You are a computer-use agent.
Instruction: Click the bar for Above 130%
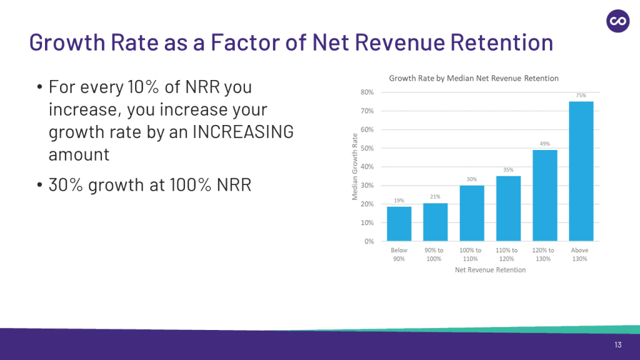[x=581, y=171]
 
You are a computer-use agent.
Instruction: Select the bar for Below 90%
[x=399, y=224]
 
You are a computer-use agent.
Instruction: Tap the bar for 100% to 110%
[x=471, y=213]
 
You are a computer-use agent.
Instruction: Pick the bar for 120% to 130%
[x=544, y=196]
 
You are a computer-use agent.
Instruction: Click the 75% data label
[x=581, y=96]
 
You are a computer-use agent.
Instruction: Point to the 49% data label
[x=544, y=144]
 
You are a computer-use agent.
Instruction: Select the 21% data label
[x=435, y=196]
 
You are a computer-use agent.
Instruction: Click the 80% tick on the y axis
[x=367, y=92]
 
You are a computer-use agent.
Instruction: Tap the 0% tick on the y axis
[x=369, y=241]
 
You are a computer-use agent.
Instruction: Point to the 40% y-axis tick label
[x=367, y=167]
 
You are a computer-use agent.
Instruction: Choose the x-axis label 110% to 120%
[x=507, y=254]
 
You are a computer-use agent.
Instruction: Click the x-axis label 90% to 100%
[x=435, y=254]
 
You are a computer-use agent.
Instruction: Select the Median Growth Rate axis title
[x=355, y=167]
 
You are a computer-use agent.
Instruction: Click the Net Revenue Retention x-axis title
[x=490, y=270]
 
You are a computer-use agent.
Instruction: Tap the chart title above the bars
[x=474, y=78]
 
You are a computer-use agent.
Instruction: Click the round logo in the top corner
[x=617, y=21]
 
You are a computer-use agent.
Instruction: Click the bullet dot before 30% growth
[x=39, y=186]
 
